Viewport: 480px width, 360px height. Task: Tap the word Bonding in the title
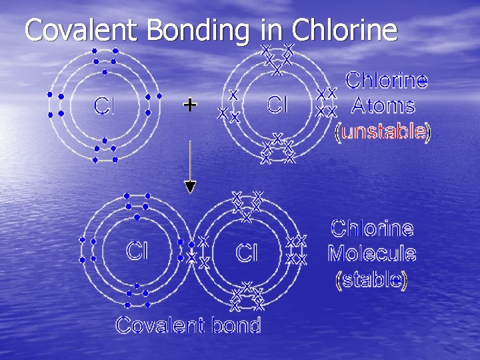pos(198,30)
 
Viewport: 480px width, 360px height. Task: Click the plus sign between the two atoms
pos(190,105)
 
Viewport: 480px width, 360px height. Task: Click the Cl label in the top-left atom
pos(103,105)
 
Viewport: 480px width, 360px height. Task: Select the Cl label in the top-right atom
pos(277,104)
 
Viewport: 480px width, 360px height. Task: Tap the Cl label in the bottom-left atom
pos(137,251)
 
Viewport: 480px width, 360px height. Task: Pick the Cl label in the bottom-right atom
pos(247,253)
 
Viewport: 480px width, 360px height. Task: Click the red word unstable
pos(383,132)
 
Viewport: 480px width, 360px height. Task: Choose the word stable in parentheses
pos(372,279)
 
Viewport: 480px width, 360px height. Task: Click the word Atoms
pos(383,105)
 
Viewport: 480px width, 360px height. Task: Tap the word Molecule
pos(372,253)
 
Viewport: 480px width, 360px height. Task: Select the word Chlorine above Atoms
pos(387,81)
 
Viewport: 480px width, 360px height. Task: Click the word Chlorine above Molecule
pos(372,229)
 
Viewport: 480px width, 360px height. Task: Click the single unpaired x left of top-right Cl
pos(233,94)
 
